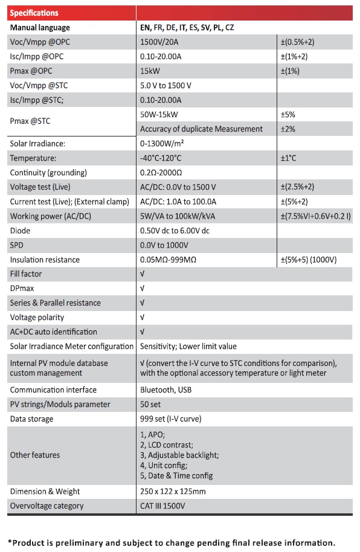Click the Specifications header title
[34, 13]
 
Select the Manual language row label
[40, 28]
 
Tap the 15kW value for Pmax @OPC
[150, 71]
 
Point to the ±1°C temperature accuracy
[288, 158]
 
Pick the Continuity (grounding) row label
[48, 173]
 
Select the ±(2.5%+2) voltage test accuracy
[298, 187]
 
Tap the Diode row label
[20, 231]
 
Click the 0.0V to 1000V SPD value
[164, 245]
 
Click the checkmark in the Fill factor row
[143, 274]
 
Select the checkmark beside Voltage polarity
[143, 318]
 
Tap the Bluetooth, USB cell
[166, 390]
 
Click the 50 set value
[150, 405]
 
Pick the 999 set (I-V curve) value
[171, 419]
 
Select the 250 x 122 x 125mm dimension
[173, 492]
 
